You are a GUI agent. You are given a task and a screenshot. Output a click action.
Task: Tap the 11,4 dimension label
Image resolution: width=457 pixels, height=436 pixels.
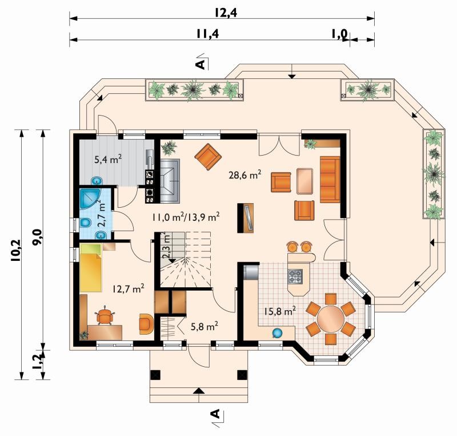tap(207, 34)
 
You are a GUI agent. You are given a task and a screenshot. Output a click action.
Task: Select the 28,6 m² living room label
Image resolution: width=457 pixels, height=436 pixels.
tap(244, 175)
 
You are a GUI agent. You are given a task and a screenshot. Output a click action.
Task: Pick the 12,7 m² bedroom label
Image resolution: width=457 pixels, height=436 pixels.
tap(128, 288)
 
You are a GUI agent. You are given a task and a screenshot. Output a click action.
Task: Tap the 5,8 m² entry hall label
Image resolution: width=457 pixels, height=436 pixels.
tap(205, 326)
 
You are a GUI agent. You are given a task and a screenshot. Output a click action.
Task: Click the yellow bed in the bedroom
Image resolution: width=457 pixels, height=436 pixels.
tap(91, 268)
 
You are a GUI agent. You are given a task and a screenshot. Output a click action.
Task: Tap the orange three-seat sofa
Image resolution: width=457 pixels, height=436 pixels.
tap(330, 179)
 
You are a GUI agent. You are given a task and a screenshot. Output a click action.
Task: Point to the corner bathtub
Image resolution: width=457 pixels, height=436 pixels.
tap(89, 199)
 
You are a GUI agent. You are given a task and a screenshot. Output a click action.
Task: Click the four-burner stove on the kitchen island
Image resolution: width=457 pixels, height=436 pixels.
tap(295, 276)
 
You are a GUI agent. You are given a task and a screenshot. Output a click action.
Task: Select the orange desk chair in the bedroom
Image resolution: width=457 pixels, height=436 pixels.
tap(105, 316)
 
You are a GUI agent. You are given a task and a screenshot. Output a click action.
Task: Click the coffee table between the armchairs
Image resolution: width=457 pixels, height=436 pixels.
tap(305, 181)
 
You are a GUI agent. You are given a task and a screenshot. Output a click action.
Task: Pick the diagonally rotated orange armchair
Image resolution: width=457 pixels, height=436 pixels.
tap(208, 157)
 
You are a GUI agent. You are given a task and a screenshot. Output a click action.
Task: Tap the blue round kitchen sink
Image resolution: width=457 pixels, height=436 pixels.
tap(278, 333)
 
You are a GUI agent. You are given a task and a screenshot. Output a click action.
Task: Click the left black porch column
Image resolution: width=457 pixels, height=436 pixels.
tap(155, 375)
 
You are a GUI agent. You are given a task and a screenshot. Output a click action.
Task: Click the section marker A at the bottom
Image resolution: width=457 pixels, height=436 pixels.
tap(215, 414)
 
